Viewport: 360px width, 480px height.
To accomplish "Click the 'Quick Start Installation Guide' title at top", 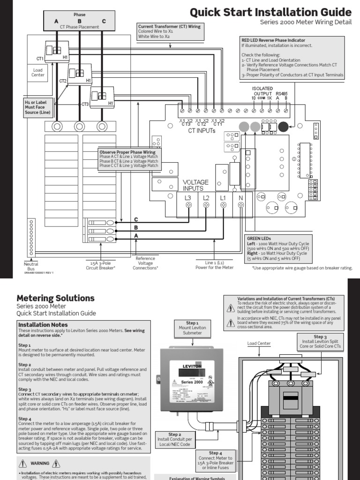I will [x=270, y=12].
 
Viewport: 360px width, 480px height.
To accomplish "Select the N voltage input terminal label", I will [x=241, y=198].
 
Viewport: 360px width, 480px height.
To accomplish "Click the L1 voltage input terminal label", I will [x=223, y=198].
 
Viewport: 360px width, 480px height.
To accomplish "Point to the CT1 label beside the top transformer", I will [x=40, y=59].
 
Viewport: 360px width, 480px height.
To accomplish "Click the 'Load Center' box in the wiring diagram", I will [x=37, y=72].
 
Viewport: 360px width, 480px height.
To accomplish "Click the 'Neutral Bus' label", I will [x=31, y=266].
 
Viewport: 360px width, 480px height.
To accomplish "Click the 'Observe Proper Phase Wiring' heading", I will [x=127, y=152].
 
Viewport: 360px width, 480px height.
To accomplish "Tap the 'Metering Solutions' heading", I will [x=55, y=298].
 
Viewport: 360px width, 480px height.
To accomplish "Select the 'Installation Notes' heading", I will [x=43, y=324].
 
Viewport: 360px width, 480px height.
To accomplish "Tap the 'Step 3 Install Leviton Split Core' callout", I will [x=320, y=342].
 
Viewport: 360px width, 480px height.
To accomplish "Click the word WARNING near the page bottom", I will [x=40, y=464].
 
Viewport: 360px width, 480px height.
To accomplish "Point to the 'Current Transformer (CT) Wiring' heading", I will [x=169, y=27].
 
